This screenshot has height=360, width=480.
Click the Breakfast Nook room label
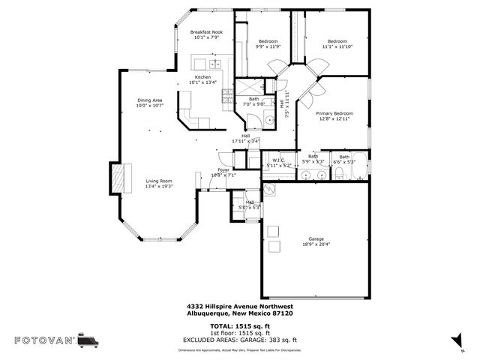coord(206,32)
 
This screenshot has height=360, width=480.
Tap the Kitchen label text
coord(202,77)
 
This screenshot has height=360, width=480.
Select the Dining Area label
coord(149,100)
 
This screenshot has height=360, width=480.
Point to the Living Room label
coord(159,181)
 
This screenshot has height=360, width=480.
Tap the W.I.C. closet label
coord(277,160)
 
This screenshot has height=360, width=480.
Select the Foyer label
coord(223,170)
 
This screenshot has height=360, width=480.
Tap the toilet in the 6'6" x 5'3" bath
coord(339,174)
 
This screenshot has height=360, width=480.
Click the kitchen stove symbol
coord(226,95)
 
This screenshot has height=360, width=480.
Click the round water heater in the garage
coord(269,190)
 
